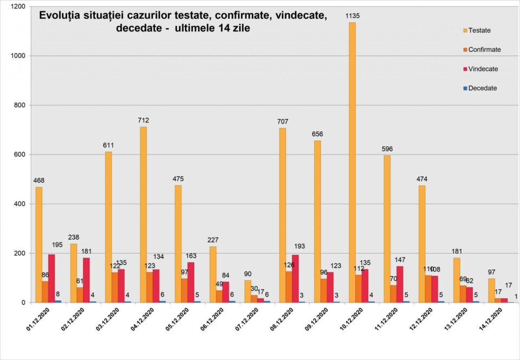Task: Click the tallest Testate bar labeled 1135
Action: pos(352,163)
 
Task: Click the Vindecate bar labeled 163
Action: pos(191,282)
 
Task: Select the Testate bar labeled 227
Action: pos(213,274)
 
